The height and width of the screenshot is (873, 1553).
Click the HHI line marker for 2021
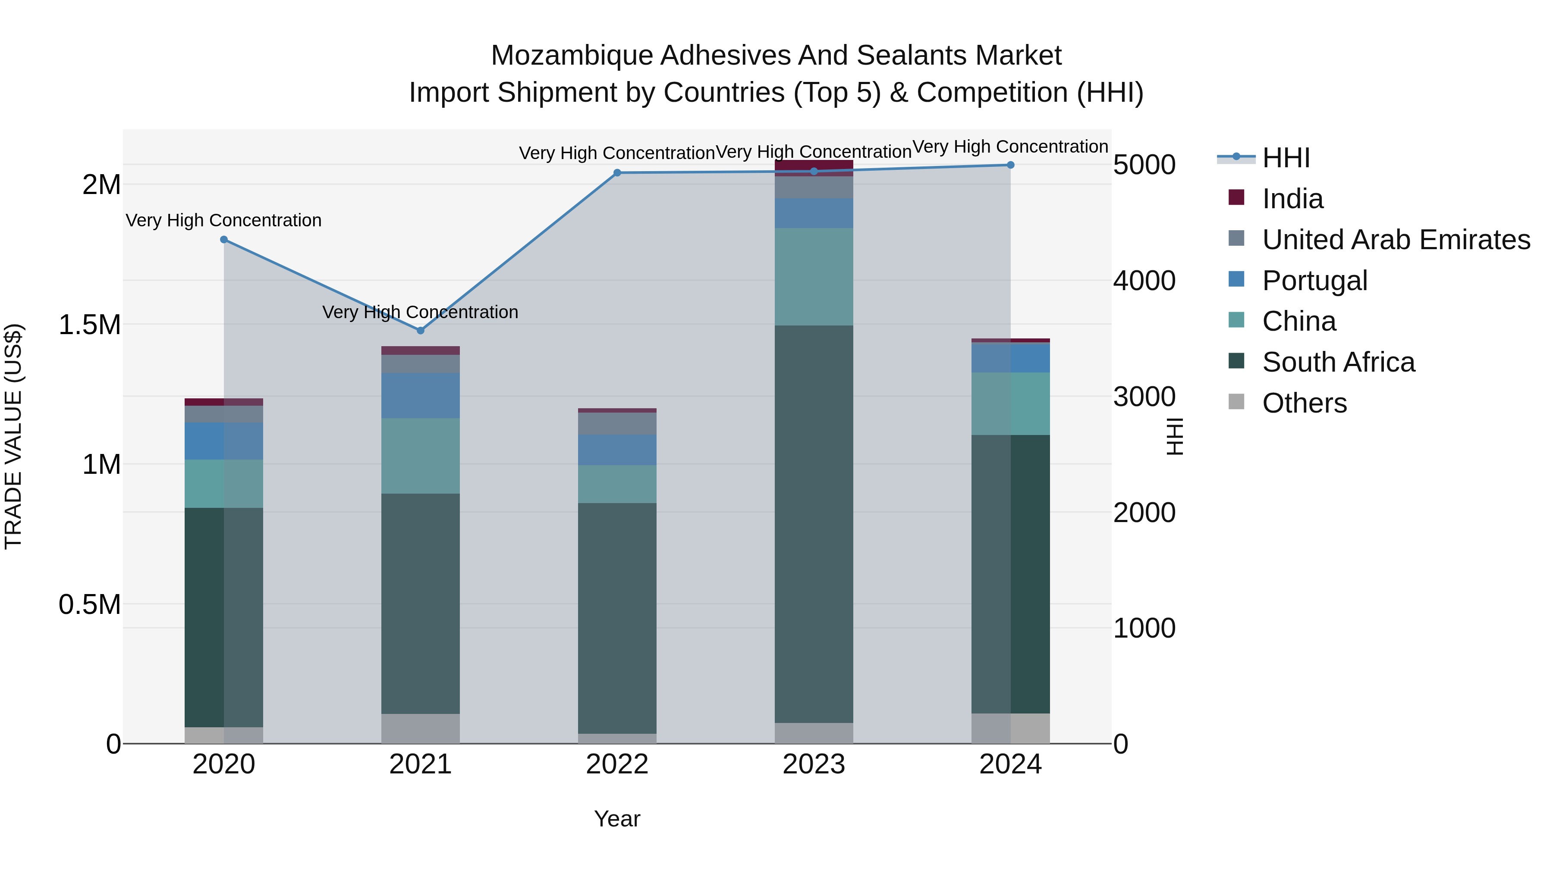coord(421,330)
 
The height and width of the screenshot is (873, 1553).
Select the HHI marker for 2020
coord(223,239)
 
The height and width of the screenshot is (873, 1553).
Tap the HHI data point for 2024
coord(1010,165)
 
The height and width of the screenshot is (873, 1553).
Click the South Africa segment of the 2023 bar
coord(814,524)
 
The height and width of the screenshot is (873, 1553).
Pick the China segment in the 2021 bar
coord(420,456)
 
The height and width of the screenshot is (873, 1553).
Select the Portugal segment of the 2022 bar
coord(617,450)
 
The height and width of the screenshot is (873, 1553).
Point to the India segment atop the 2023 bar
coord(814,168)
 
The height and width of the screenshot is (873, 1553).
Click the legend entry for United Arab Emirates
coord(1396,239)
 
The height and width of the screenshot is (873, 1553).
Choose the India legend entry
coord(1292,199)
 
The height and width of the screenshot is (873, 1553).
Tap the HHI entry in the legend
coord(1286,158)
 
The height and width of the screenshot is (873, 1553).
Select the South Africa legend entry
coord(1338,362)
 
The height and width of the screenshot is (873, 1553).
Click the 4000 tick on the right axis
coord(1144,281)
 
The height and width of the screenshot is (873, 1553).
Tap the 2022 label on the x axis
coord(617,764)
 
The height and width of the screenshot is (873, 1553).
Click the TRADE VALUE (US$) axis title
coord(13,436)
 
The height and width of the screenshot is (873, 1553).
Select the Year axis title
coord(617,819)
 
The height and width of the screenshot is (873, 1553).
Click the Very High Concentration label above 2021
coord(420,312)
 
